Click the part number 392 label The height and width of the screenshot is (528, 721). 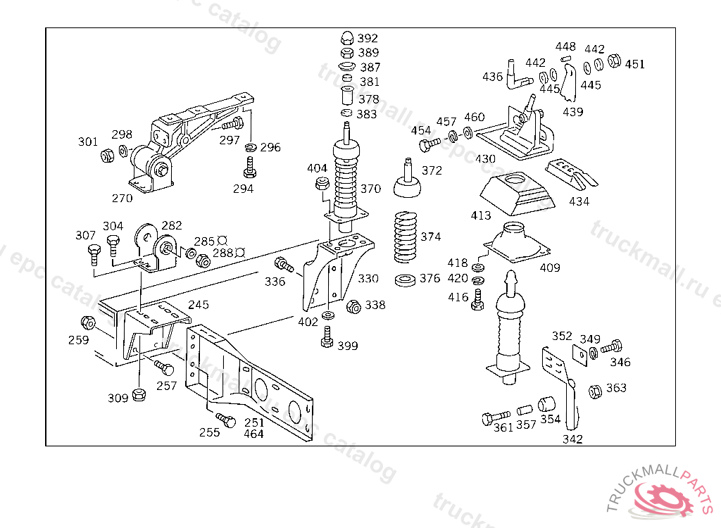[x=368, y=38]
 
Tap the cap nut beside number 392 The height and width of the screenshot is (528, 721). [x=346, y=37]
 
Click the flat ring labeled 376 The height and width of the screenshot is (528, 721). [x=406, y=280]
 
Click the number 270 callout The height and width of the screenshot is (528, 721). [x=122, y=199]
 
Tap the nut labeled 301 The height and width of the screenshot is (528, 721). [x=107, y=155]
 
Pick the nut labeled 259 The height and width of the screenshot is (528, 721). [x=89, y=323]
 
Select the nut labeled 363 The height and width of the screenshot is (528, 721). [x=594, y=390]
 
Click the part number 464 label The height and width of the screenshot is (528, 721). [x=253, y=434]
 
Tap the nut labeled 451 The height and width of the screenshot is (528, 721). [x=613, y=61]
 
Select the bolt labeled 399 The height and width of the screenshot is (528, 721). [x=327, y=341]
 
